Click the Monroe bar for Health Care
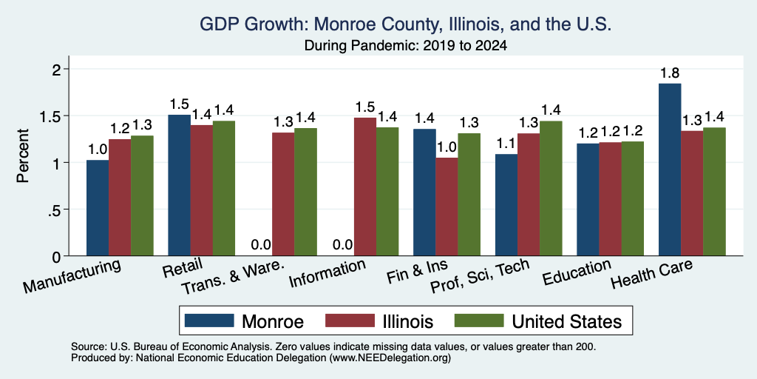tap(670, 170)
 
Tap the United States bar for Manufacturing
tap(142, 195)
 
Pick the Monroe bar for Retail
tap(179, 185)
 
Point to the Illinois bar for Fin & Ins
tap(447, 207)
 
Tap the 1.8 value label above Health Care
tap(670, 73)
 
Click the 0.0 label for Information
tap(342, 245)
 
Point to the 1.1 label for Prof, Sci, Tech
tap(506, 144)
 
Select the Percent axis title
tap(23, 156)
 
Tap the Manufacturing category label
tap(72, 277)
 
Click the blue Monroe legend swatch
tap(209, 321)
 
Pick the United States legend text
tap(566, 321)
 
